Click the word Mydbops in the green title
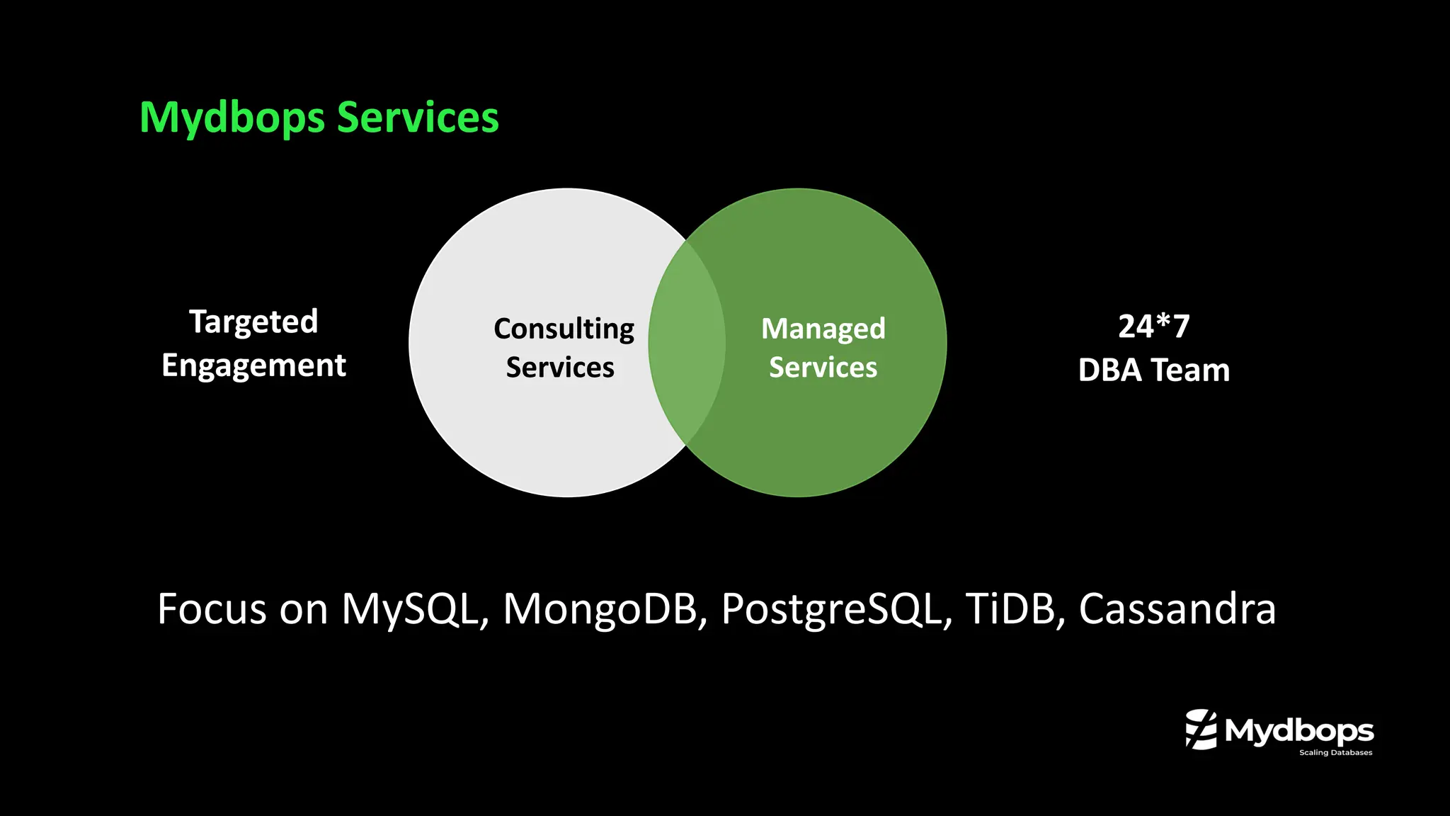click(x=232, y=118)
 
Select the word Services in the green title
click(x=418, y=118)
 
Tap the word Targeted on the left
click(x=253, y=322)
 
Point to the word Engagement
click(x=253, y=365)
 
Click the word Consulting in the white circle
click(x=564, y=329)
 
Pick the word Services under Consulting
click(x=560, y=368)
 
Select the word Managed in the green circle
click(x=823, y=329)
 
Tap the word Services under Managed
click(x=823, y=368)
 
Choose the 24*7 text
click(x=1154, y=327)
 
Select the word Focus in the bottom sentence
click(x=212, y=608)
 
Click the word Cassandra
click(x=1177, y=608)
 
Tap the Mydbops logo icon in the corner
click(x=1201, y=729)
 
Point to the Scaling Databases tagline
click(x=1335, y=752)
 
